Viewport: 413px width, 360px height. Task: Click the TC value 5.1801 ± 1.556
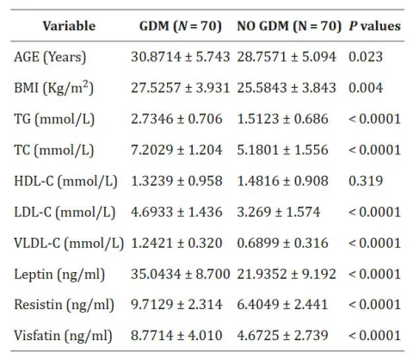coord(286,149)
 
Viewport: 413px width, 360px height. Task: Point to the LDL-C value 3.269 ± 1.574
coord(282,211)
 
